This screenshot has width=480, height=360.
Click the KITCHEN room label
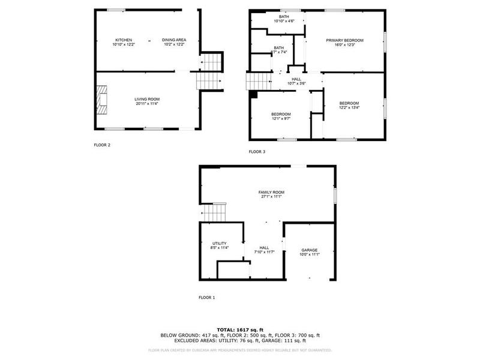point(124,40)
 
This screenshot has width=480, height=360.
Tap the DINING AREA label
point(174,40)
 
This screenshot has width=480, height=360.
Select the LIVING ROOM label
point(147,99)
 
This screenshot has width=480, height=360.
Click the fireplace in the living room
point(101,99)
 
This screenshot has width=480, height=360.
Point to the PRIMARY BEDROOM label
point(345,40)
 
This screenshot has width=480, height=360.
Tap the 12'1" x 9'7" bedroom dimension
point(281,119)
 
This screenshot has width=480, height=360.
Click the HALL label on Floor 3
point(296,79)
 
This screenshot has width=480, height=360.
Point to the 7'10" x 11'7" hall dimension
point(264,252)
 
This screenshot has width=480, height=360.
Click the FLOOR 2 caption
point(102,145)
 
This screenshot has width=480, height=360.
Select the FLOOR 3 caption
point(257,151)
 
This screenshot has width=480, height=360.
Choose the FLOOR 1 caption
point(206,297)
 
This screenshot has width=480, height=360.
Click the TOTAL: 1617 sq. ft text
point(240,329)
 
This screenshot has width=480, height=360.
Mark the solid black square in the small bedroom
point(254,94)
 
